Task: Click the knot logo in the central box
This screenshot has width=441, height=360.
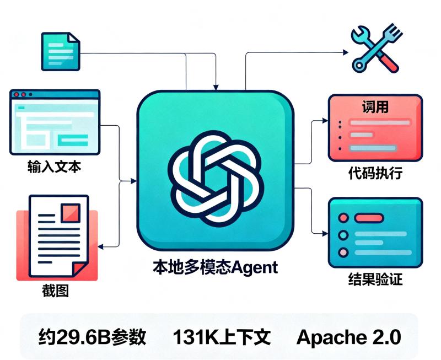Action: [x=216, y=179]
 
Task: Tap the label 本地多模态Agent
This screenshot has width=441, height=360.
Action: [x=216, y=267]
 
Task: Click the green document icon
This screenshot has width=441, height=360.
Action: [x=61, y=51]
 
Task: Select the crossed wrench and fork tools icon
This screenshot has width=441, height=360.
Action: [x=377, y=49]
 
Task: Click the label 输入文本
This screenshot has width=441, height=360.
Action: [x=54, y=166]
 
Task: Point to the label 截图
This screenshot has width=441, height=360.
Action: [x=56, y=291]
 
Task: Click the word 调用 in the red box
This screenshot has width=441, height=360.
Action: [x=375, y=107]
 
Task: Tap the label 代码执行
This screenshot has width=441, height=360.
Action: [x=375, y=173]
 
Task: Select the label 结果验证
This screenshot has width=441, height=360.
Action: [x=375, y=280]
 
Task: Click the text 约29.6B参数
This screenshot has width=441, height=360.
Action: [x=92, y=337]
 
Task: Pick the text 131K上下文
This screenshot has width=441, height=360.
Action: [x=222, y=337]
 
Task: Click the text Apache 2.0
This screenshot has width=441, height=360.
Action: [x=349, y=337]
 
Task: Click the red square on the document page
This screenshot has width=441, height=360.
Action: [x=71, y=213]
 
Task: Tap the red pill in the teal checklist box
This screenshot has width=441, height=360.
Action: [x=369, y=218]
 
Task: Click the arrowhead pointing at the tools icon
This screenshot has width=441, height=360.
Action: [x=346, y=52]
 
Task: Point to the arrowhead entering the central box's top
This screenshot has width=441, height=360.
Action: [x=216, y=88]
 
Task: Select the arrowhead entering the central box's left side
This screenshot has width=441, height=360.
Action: [x=134, y=181]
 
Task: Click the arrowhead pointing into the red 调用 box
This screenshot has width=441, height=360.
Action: [x=325, y=120]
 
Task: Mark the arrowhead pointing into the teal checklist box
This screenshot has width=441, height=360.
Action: [x=325, y=233]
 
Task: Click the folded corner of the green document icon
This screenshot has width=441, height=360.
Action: [x=74, y=37]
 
